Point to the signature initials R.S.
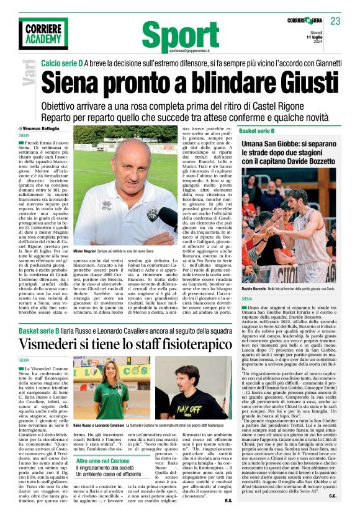[228, 500]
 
